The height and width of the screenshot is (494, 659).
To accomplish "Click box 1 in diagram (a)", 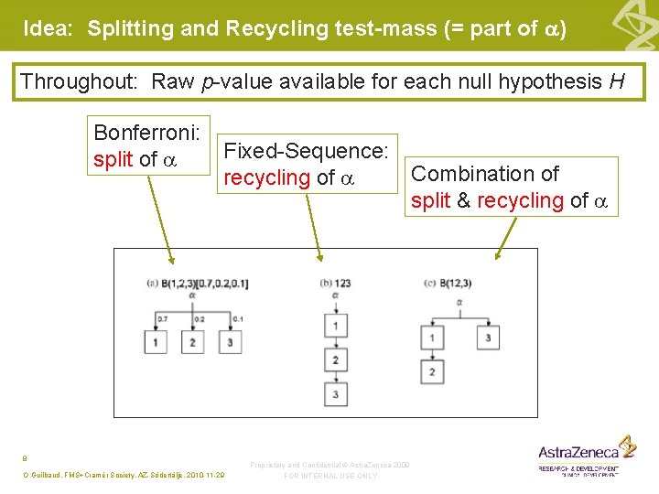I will [x=156, y=341].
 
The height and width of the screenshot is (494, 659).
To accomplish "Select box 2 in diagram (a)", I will [x=193, y=341].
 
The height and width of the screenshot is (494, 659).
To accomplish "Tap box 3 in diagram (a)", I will [x=231, y=341].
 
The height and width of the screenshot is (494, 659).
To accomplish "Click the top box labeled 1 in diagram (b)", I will [x=335, y=326].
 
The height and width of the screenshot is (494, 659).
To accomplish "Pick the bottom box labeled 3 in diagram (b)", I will [x=335, y=394].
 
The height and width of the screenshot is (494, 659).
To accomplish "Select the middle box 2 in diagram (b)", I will [x=335, y=360].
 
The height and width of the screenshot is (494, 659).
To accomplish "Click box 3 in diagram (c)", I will [x=488, y=338].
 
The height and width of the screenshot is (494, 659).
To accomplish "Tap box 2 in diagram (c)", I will [x=433, y=371].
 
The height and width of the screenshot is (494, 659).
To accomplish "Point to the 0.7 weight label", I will [x=162, y=318].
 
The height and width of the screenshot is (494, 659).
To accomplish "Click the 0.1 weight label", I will [x=237, y=318].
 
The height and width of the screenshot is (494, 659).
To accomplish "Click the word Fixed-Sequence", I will [x=307, y=151].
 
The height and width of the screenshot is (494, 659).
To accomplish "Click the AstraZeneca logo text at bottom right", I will [x=578, y=451].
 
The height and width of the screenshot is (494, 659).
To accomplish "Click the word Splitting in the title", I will [x=130, y=28].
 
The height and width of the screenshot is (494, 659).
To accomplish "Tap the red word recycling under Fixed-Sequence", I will [x=267, y=177].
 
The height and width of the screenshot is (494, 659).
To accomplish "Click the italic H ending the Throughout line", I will [x=617, y=82].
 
